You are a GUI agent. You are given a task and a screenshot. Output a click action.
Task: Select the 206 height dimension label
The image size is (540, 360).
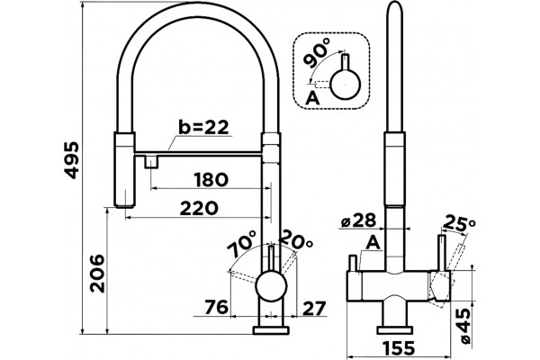pos(97,274)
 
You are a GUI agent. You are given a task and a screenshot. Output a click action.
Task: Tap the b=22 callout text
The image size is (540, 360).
pos(203,128)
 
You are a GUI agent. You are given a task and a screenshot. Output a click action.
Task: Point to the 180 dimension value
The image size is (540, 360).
pos(211,179)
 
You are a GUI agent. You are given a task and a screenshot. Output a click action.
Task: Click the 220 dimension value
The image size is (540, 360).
pos(199,208)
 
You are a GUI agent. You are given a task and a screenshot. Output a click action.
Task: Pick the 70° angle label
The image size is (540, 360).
pos(242,244)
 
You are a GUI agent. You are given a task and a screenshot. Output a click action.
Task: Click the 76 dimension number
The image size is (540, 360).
pos(216,307)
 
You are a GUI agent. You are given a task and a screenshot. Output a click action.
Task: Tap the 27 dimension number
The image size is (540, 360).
pos(313,309)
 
